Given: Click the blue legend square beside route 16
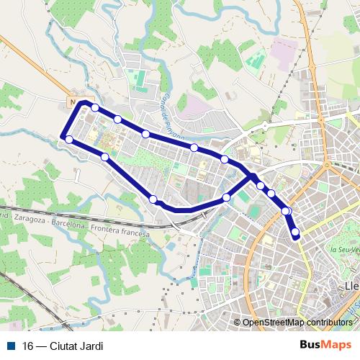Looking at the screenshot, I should tap(12, 346).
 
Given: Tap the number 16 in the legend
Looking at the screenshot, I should tap(28, 346).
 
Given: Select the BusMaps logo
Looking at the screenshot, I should tap(326, 346).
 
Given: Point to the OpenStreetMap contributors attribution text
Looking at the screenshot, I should tap(298, 323).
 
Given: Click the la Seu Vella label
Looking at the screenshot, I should tap(343, 249).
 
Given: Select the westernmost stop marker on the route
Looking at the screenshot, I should tap(69, 139).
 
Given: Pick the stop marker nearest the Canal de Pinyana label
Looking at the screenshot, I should tap(145, 134).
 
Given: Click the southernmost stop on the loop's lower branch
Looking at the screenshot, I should tap(153, 199).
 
